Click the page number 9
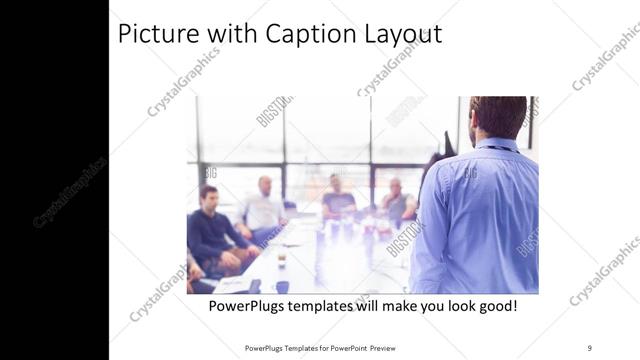(x=589, y=347)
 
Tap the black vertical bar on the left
(x=54, y=180)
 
